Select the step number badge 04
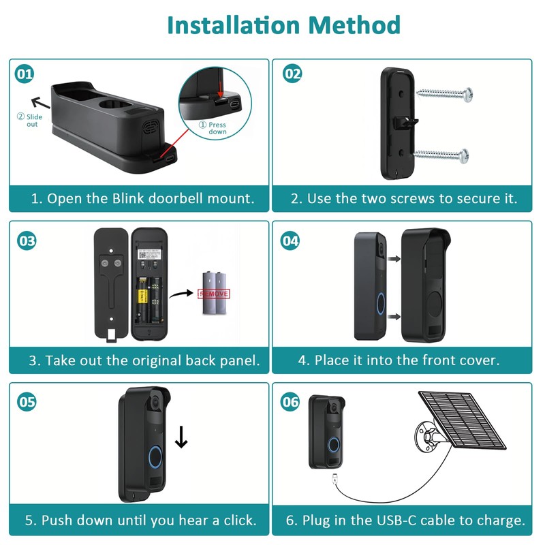coord(291,240)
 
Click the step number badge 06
coord(291,402)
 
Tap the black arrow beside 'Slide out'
coord(42,103)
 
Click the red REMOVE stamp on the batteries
coord(213,294)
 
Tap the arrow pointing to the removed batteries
coord(180,294)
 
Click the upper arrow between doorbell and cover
coord(393,259)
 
